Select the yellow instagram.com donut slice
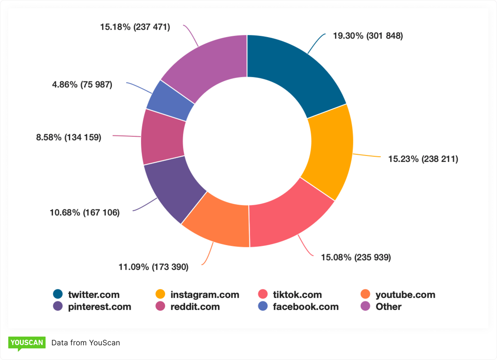330,151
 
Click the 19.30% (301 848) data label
368,36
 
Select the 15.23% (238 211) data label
423,159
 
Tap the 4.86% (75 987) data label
82,84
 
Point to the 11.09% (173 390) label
153,267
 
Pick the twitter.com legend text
94,295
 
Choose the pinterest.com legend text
99,307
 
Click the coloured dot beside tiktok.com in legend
263,295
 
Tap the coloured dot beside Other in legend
365,307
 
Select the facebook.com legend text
306,307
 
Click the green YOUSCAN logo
27,343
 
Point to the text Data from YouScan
86,343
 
